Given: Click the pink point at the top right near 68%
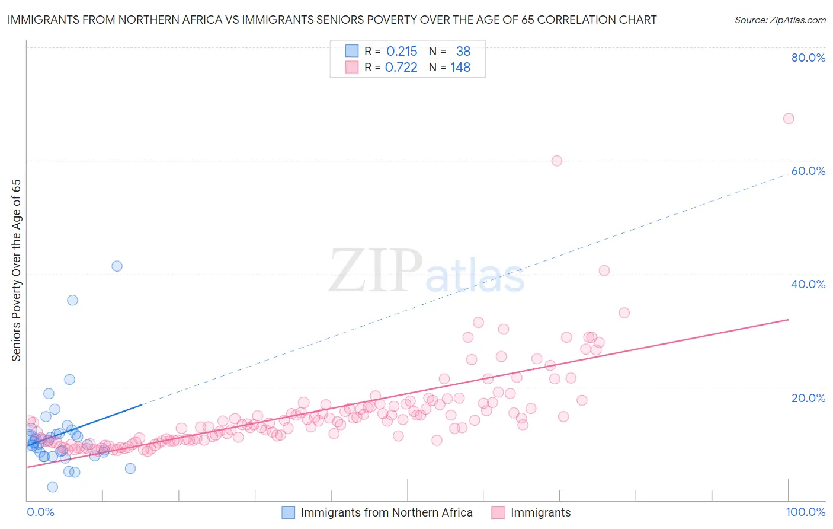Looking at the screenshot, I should coord(788,119).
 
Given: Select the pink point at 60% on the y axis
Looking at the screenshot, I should coord(556,161).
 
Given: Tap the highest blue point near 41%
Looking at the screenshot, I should coord(117,266).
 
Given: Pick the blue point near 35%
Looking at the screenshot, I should coord(72,300).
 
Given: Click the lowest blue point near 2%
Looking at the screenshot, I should coord(52,487).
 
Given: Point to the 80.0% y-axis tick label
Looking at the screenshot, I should coord(808,58).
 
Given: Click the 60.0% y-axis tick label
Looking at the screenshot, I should coord(808,171).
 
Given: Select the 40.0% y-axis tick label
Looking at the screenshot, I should coord(808,284).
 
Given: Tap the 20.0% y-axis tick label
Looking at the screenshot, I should coord(808,398).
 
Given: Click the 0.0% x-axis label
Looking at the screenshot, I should coord(40,512).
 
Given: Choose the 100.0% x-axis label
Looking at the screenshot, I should coord(805,512).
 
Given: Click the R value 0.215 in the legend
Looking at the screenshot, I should coord(402,52).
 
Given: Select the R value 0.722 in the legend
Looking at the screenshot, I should coord(401,68).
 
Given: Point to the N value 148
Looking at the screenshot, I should coord(460,68).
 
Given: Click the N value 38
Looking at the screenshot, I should coord(463,52).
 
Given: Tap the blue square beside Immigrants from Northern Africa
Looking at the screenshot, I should coord(288,512).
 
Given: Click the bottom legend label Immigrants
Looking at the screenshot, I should coord(540,512).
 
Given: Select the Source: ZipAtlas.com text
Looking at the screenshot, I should coord(780,20).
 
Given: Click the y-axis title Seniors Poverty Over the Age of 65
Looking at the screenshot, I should coord(17,270).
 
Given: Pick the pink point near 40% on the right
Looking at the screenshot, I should coord(604,270).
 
